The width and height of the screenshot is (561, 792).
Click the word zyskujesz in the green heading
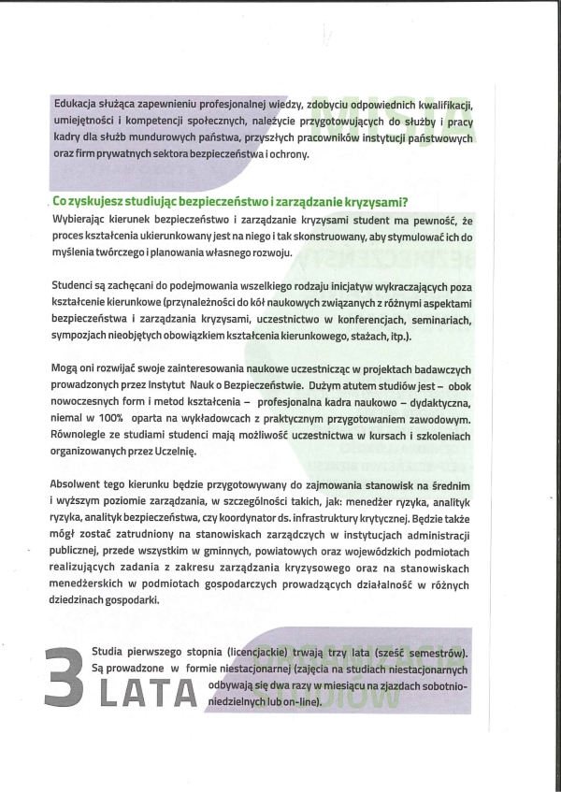pyautogui.click(x=103, y=201)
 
